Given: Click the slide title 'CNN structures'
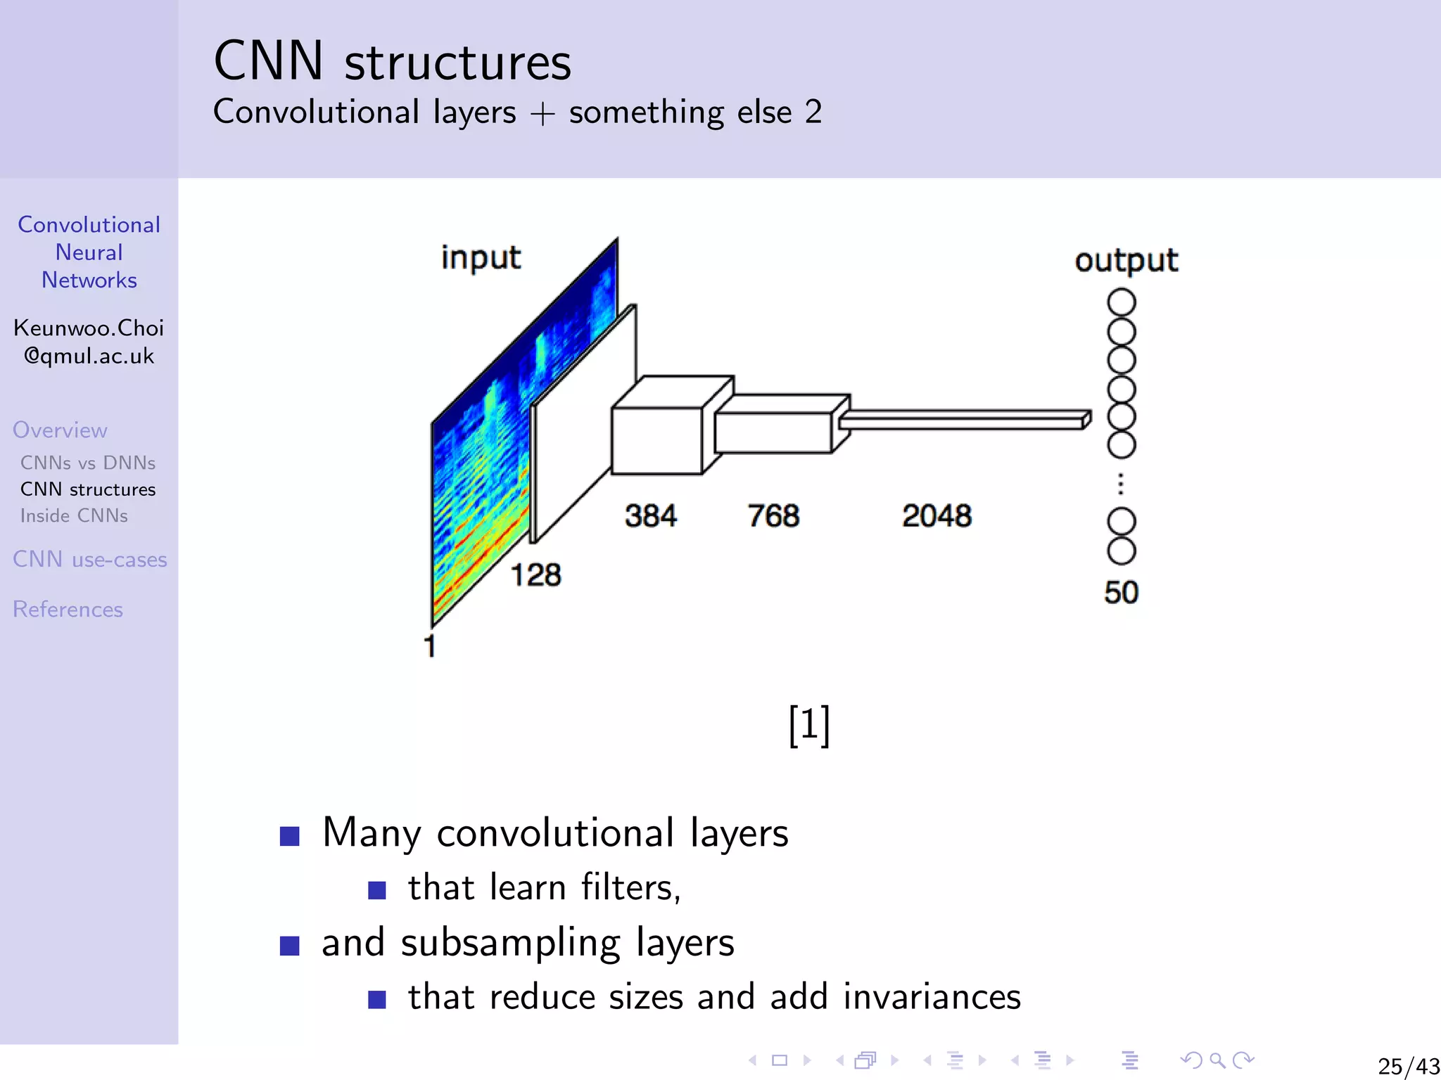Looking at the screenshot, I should click(392, 62).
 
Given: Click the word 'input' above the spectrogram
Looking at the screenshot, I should click(481, 258).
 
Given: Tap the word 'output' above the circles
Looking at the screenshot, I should click(1126, 261).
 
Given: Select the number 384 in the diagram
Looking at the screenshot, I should click(650, 516).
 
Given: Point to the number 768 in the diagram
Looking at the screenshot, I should click(773, 516).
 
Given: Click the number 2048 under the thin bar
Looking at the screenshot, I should click(937, 516).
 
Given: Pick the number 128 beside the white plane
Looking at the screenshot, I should click(535, 575).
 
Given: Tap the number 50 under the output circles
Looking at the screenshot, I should click(1121, 592).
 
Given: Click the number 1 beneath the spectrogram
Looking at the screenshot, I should click(430, 645).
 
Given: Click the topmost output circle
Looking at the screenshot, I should click(1122, 302).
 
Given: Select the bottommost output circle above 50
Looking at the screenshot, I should click(1122, 551).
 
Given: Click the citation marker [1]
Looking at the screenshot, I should click(809, 725).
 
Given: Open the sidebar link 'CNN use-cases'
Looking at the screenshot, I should click(90, 560).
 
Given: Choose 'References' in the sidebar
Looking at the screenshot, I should click(68, 610).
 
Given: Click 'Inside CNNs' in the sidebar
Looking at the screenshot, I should click(74, 515).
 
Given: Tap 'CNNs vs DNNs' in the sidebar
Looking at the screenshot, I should click(88, 463).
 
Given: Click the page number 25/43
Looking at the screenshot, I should click(1408, 1066).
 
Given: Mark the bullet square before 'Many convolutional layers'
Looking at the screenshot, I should click(290, 836).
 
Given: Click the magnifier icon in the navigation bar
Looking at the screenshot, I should click(1217, 1060).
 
